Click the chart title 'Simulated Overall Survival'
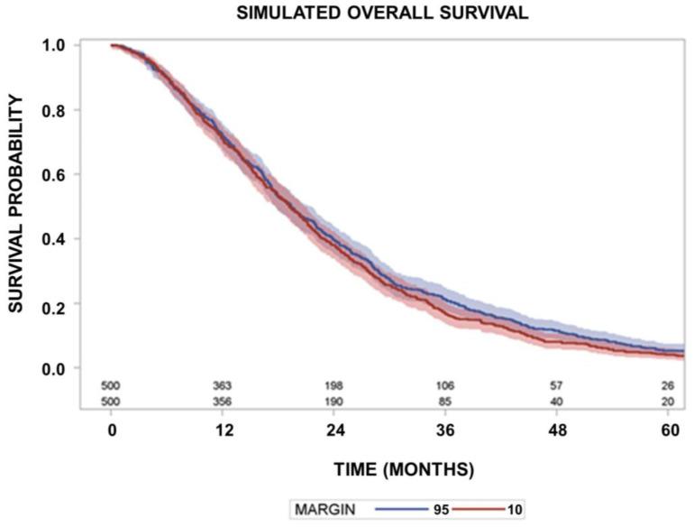click(x=383, y=14)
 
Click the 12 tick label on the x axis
click(x=224, y=430)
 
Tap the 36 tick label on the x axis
click(x=448, y=430)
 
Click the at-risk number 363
click(x=224, y=386)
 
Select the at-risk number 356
click(x=224, y=401)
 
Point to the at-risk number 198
click(x=335, y=386)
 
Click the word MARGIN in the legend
click(x=325, y=510)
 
